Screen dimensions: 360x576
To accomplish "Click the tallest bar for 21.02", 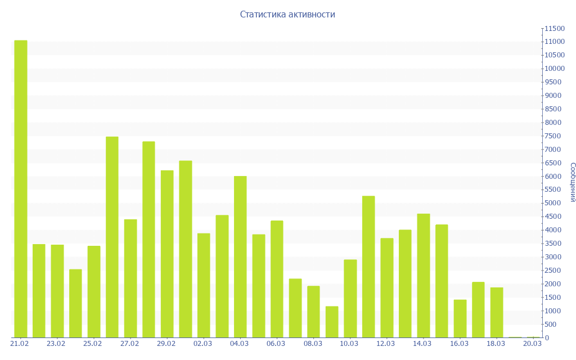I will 20,188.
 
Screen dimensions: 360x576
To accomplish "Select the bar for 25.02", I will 94,291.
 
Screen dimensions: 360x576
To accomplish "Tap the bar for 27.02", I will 130,278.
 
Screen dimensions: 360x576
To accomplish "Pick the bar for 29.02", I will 167,254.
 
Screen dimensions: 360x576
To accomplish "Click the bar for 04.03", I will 240,256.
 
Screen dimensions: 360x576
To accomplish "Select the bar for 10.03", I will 350,298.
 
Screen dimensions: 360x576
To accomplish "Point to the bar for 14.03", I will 423,276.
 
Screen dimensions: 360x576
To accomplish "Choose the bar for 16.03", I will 460,318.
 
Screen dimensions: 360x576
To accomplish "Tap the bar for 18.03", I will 497,312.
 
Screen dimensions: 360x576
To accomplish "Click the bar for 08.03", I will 313,312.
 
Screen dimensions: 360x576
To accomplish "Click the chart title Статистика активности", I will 287,15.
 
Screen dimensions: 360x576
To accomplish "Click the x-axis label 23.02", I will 56,344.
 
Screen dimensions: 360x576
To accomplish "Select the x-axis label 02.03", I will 202,344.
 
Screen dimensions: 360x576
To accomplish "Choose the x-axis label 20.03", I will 532,344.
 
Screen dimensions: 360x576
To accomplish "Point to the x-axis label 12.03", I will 386,344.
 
